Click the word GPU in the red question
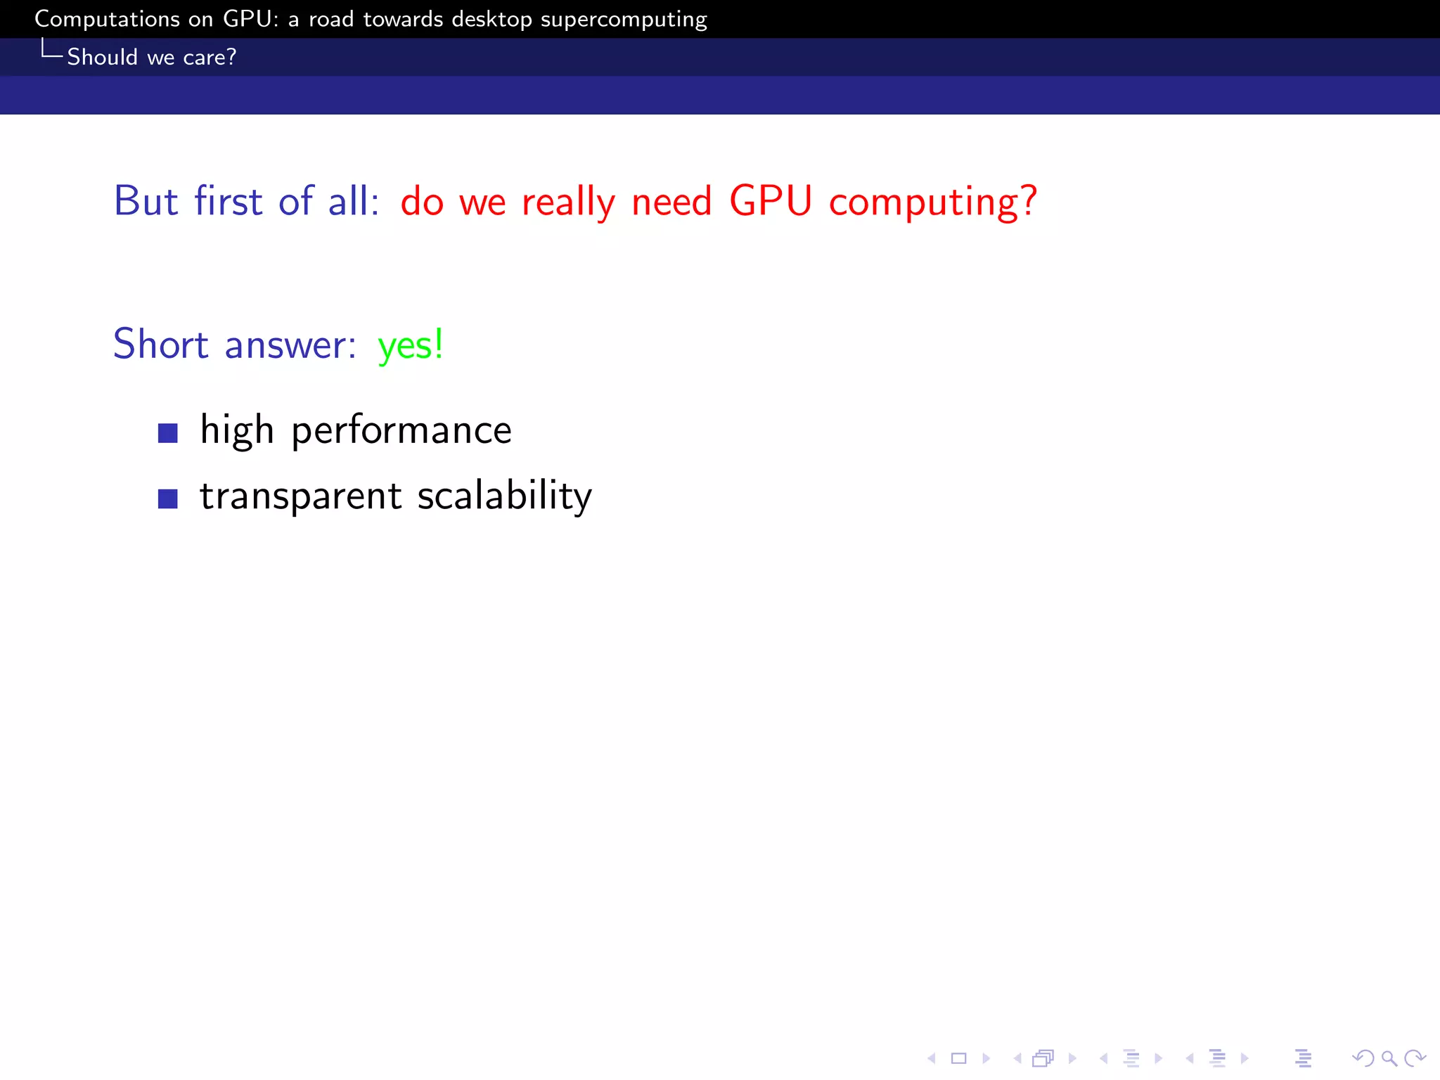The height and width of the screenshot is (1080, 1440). [x=771, y=201]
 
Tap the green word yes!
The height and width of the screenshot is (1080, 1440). [x=410, y=345]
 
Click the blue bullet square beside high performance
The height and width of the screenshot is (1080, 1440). [x=168, y=433]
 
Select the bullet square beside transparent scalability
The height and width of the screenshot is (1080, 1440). [x=168, y=499]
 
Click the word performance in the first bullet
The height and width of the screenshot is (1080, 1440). [x=401, y=431]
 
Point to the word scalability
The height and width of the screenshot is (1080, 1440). [x=504, y=496]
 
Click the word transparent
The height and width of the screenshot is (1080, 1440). [x=301, y=496]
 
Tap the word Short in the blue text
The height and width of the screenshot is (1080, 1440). [x=161, y=345]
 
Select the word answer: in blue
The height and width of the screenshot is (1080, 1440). [x=290, y=346]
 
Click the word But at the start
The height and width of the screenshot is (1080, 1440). [x=146, y=201]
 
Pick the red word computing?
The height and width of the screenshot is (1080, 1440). [x=933, y=202]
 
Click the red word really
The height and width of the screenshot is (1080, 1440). [x=568, y=202]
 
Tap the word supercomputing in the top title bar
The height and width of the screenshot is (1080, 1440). [x=624, y=20]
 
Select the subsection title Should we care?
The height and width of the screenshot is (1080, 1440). [x=151, y=57]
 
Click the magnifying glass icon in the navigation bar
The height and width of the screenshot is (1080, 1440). [x=1389, y=1058]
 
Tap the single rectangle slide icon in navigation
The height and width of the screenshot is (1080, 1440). [x=959, y=1058]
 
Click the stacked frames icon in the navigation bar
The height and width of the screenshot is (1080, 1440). [x=1043, y=1058]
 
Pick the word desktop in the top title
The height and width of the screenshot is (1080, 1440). [x=491, y=20]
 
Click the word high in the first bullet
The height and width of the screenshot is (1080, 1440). [x=237, y=431]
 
